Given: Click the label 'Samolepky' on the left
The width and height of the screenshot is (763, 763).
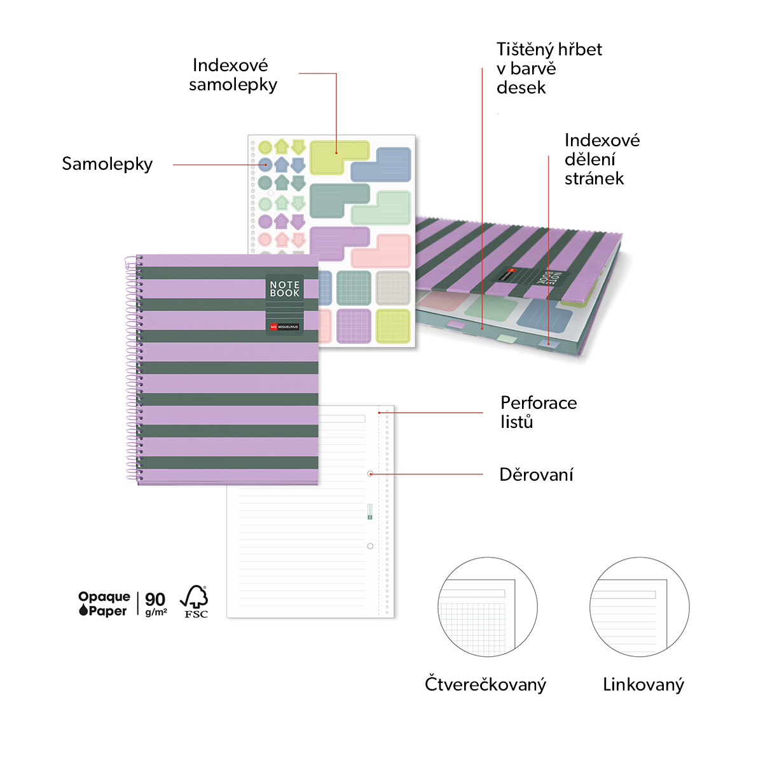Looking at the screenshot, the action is pyautogui.click(x=107, y=164).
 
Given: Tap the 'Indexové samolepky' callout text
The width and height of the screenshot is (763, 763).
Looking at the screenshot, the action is pyautogui.click(x=233, y=75).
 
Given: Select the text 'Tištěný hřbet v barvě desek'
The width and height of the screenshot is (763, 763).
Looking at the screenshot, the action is pyautogui.click(x=549, y=69).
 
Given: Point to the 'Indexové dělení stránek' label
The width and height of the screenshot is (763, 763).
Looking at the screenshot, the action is pyautogui.click(x=602, y=159).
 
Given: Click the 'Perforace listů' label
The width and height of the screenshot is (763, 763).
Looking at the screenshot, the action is pyautogui.click(x=539, y=412).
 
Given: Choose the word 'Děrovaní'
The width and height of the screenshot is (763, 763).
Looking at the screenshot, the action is pyautogui.click(x=536, y=474).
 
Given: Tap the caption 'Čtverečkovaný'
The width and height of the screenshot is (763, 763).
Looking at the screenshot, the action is pyautogui.click(x=485, y=685).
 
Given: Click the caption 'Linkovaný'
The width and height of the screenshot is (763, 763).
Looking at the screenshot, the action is pyautogui.click(x=643, y=685).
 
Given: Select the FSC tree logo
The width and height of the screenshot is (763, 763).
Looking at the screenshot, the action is pyautogui.click(x=195, y=601).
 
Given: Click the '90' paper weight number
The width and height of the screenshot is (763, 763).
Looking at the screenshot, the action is pyautogui.click(x=155, y=599).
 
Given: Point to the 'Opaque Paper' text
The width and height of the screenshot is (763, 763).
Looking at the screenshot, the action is pyautogui.click(x=104, y=604).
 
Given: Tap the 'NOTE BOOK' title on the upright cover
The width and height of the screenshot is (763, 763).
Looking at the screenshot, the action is pyautogui.click(x=285, y=289).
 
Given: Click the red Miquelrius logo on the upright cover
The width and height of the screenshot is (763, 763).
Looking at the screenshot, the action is pyautogui.click(x=273, y=327).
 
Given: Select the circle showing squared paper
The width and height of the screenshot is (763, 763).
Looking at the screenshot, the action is pyautogui.click(x=488, y=607).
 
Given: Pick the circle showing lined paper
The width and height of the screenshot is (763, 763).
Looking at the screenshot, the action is pyautogui.click(x=640, y=607).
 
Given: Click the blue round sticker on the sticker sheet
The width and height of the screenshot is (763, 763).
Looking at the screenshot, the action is pyautogui.click(x=265, y=164).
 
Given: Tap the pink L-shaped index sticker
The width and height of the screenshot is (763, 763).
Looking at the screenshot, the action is pyautogui.click(x=380, y=251).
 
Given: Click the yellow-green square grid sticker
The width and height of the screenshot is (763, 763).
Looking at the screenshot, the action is pyautogui.click(x=393, y=326).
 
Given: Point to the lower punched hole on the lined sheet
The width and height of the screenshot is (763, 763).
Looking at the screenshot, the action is pyautogui.click(x=370, y=546).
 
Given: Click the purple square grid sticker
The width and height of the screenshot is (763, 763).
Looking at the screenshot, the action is pyautogui.click(x=354, y=326).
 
